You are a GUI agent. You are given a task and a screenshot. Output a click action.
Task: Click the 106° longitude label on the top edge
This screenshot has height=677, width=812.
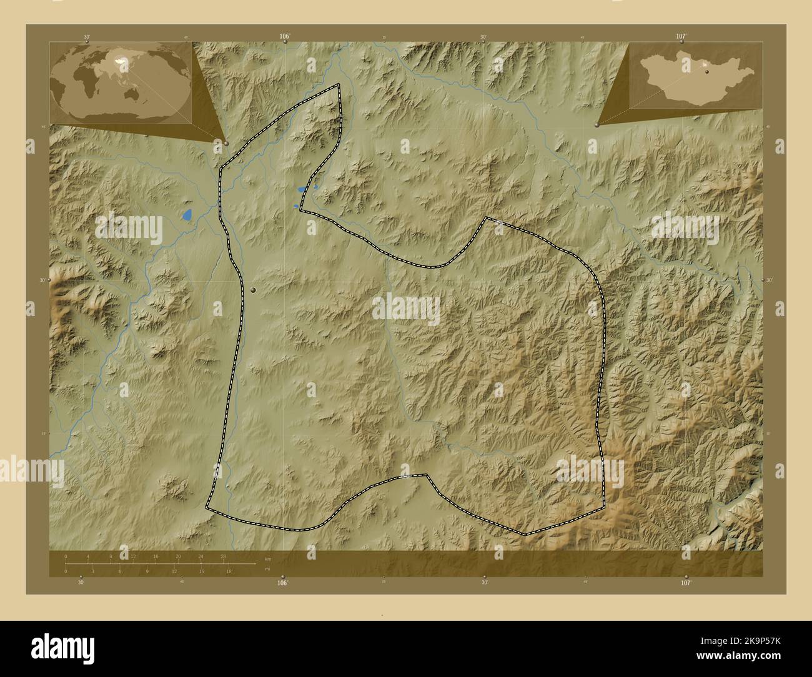[284, 37]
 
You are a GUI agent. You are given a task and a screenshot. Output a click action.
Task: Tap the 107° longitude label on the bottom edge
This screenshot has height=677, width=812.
[686, 583]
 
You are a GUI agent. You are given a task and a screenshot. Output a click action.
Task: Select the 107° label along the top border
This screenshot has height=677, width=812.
[681, 37]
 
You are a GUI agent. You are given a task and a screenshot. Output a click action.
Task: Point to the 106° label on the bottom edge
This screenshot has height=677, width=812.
[282, 583]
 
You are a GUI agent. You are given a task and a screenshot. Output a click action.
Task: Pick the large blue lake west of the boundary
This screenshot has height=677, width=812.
[186, 215]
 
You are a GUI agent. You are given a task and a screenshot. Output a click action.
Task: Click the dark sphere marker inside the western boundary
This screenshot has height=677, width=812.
[253, 289]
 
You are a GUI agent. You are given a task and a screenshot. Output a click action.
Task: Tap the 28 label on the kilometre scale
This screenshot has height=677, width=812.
[223, 556]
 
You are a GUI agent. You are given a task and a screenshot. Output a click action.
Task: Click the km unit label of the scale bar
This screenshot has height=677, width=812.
[268, 559]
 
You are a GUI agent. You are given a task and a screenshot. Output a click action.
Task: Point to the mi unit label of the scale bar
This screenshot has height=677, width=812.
[267, 569]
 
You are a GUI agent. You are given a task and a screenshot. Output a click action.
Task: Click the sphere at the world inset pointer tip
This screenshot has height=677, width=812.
[225, 143]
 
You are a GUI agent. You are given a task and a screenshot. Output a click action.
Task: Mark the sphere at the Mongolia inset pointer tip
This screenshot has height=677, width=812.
[598, 125]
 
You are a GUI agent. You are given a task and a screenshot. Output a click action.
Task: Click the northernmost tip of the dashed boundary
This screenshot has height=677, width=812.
[339, 84]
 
